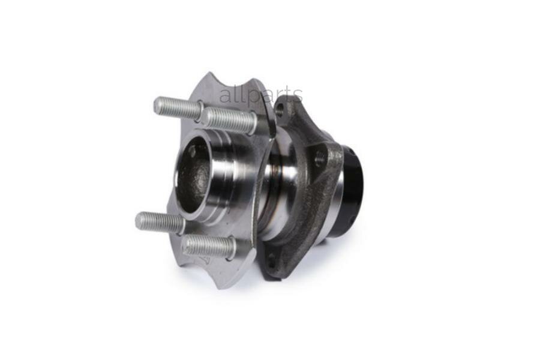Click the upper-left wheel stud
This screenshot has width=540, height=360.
[177, 109]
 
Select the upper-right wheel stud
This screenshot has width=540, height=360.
[228, 120]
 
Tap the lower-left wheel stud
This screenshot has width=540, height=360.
[159, 223]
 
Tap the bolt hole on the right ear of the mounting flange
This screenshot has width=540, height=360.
[320, 159]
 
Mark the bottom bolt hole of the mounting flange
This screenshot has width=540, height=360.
[272, 259]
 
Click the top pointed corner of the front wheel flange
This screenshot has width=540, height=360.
[209, 76]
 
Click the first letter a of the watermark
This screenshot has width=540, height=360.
[224, 97]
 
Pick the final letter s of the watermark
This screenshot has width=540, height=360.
[298, 97]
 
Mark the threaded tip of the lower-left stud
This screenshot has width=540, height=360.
[140, 220]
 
